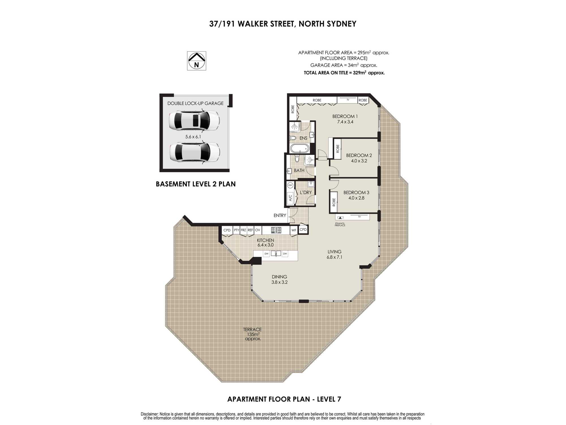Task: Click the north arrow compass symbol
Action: [x=196, y=61]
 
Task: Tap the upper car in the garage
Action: [x=194, y=121]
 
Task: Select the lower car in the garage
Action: [x=194, y=152]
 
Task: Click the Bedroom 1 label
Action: [x=345, y=116]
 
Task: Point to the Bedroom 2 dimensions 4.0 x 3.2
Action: [x=359, y=161]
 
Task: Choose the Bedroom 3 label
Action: [x=356, y=192]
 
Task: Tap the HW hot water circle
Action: [x=290, y=186]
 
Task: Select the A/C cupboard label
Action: [x=290, y=198]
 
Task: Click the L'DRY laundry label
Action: [x=306, y=192]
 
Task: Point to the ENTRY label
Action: [x=280, y=216]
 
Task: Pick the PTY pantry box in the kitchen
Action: [x=237, y=230]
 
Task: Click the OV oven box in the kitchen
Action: [x=258, y=230]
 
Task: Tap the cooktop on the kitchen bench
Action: [x=276, y=230]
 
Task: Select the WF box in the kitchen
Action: [x=294, y=230]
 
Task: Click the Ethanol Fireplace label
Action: [x=340, y=224]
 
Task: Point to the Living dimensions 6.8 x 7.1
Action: [x=335, y=257]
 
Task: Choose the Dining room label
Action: [x=279, y=277]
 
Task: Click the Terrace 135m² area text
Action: [x=252, y=334]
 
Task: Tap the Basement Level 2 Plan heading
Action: [x=196, y=184]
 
